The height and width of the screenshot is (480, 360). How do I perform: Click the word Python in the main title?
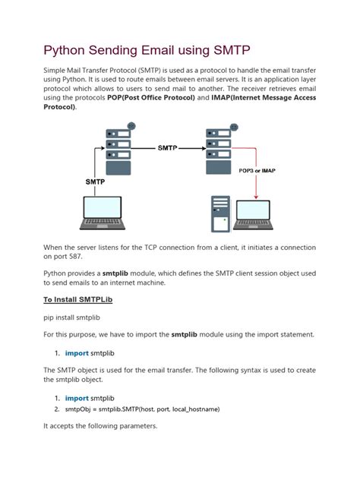tap(64, 51)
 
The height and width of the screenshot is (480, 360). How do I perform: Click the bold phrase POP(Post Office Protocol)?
tap(151, 98)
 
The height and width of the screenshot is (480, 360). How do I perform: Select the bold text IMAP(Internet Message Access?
tap(264, 98)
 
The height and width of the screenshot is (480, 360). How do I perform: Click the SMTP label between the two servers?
tap(167, 148)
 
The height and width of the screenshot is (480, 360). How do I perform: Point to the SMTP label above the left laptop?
tap(95, 182)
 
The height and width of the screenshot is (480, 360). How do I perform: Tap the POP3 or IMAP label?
tap(257, 171)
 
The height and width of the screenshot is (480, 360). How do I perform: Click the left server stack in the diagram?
tap(118, 152)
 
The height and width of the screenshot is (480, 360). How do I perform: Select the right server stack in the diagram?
tap(219, 151)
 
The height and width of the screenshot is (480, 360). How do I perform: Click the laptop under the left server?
tap(103, 213)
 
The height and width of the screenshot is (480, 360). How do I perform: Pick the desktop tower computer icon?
tap(220, 214)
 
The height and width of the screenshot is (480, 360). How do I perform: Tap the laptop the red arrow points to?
tap(253, 215)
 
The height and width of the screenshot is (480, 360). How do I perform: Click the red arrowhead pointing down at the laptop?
tap(256, 197)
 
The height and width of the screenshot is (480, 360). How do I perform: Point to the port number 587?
tap(75, 257)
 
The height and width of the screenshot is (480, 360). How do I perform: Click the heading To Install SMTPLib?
tap(77, 299)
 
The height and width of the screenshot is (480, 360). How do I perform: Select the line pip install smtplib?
tap(71, 317)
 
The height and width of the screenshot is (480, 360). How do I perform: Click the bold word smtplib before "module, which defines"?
tap(115, 273)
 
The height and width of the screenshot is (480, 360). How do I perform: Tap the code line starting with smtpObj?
tap(142, 409)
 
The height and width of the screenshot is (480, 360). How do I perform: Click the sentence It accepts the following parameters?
tap(100, 426)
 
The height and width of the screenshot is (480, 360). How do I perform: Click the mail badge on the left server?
tap(131, 126)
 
